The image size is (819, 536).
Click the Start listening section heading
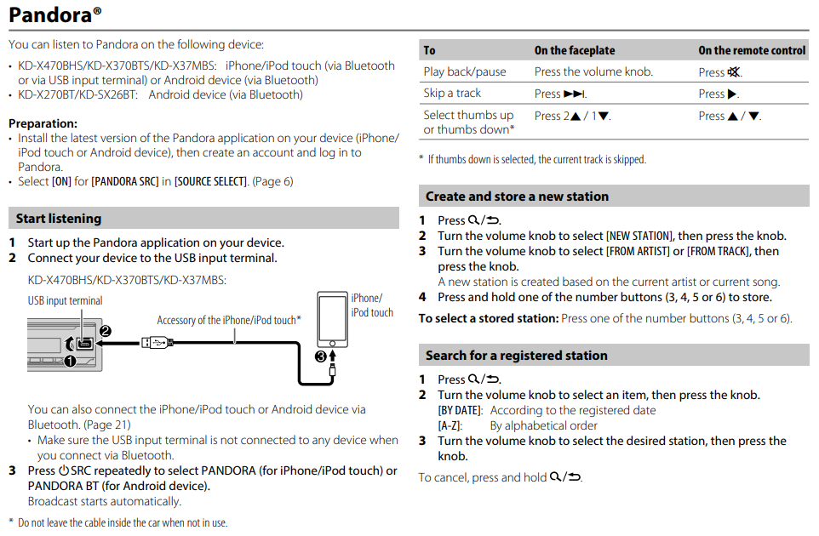pos(59,219)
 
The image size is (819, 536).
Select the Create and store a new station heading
pos(517,197)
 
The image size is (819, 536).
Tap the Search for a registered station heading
pos(516,356)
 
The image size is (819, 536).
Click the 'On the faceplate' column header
pos(574,51)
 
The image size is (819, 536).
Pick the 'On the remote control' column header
pos(752,51)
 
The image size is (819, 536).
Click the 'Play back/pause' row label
pos(465,72)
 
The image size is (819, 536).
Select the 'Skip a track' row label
pos(452,94)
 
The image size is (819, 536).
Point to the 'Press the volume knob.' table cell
pos(593,72)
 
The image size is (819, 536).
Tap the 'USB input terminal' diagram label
pos(65,300)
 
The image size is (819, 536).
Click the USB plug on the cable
pos(157,344)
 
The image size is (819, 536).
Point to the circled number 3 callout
pos(320,356)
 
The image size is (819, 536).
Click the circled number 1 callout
pos(70,361)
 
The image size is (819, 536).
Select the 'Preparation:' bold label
pos(43,123)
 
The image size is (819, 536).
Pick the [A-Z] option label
pos(450,425)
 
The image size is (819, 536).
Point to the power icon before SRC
pos(63,470)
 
